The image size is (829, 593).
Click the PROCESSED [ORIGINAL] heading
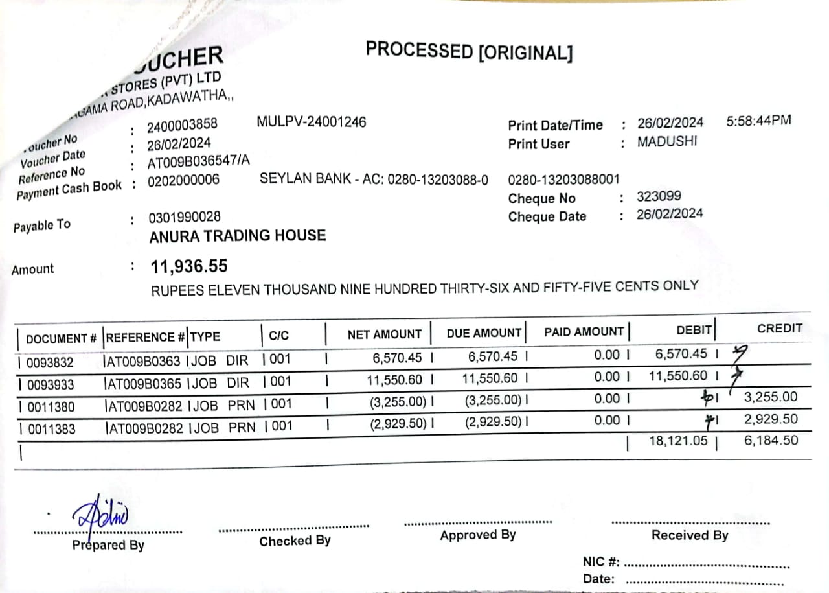(x=469, y=51)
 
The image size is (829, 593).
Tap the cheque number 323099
(x=659, y=196)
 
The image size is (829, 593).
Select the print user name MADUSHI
(x=666, y=142)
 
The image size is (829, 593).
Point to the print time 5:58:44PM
(x=758, y=121)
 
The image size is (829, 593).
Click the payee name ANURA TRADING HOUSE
(x=237, y=236)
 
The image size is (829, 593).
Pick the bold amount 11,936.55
(x=189, y=266)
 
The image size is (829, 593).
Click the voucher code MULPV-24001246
(x=312, y=122)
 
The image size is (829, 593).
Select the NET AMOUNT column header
(x=384, y=334)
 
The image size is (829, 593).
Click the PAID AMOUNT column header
(x=584, y=332)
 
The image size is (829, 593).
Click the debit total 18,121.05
(x=678, y=441)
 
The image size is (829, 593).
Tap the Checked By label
(x=295, y=541)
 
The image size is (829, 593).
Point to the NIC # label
(x=602, y=561)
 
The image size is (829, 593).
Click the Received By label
(x=690, y=535)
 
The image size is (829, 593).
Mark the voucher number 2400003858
(x=183, y=124)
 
